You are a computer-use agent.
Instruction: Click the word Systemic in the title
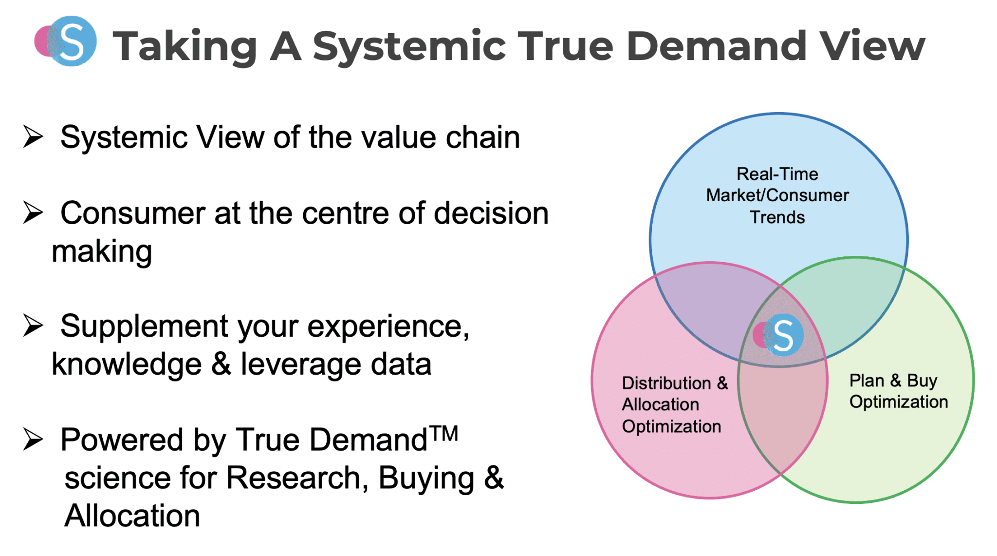click(409, 47)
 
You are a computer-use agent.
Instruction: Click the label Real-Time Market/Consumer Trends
click(777, 195)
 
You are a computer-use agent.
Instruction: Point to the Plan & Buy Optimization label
click(898, 391)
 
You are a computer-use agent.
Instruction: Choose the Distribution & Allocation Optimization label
click(674, 404)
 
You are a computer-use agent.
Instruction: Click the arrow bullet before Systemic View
click(33, 136)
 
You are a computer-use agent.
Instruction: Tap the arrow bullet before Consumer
click(33, 213)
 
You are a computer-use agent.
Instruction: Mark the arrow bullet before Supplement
click(33, 326)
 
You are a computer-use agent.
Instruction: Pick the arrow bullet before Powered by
click(33, 439)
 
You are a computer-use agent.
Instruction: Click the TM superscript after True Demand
click(444, 433)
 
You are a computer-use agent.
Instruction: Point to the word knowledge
click(127, 364)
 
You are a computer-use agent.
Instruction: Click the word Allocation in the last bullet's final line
click(132, 516)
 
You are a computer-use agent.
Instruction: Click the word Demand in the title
click(716, 46)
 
